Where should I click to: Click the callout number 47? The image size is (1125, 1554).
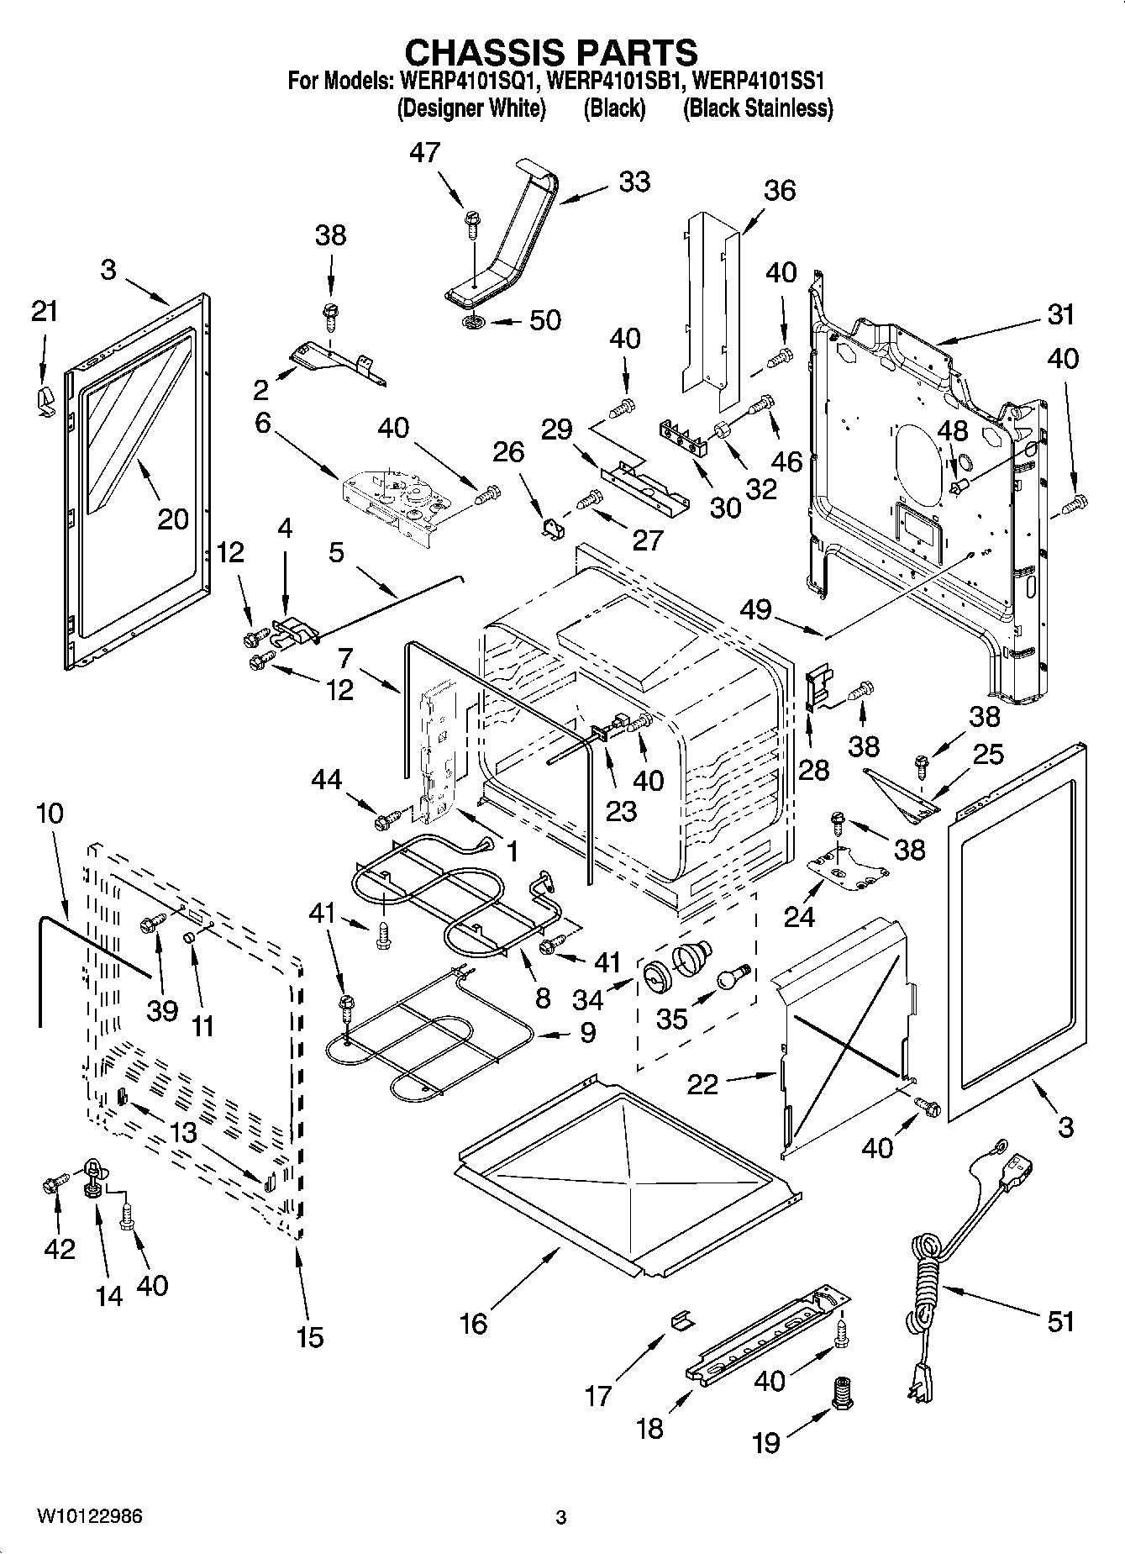425,153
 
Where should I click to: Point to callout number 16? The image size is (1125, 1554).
474,1324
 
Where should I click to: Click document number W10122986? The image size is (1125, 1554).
88,1516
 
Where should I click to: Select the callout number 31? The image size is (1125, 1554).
1061,314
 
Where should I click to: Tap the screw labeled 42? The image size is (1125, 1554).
50,1185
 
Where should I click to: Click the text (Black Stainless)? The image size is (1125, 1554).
757,108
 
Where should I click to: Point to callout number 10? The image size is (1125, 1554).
50,813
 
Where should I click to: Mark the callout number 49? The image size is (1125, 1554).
755,608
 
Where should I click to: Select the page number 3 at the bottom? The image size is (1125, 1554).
561,1517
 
